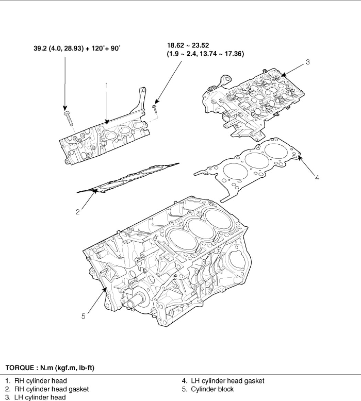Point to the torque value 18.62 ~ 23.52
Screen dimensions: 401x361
188,45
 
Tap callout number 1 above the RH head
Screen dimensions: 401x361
107,85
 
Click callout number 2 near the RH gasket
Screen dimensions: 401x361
78,212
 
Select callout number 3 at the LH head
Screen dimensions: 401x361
308,62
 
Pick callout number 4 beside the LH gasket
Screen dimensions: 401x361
317,178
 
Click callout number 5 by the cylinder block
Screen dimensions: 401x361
83,316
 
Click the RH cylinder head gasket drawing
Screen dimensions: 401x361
127,178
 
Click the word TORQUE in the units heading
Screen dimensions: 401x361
19,368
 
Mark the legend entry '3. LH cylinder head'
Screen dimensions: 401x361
36,397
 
